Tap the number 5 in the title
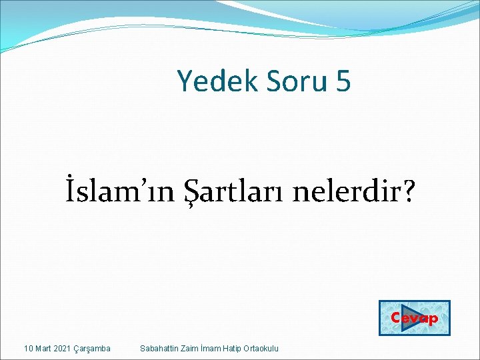343,81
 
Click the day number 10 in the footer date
28,349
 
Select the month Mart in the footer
44,349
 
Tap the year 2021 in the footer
65,349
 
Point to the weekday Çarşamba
94,349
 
